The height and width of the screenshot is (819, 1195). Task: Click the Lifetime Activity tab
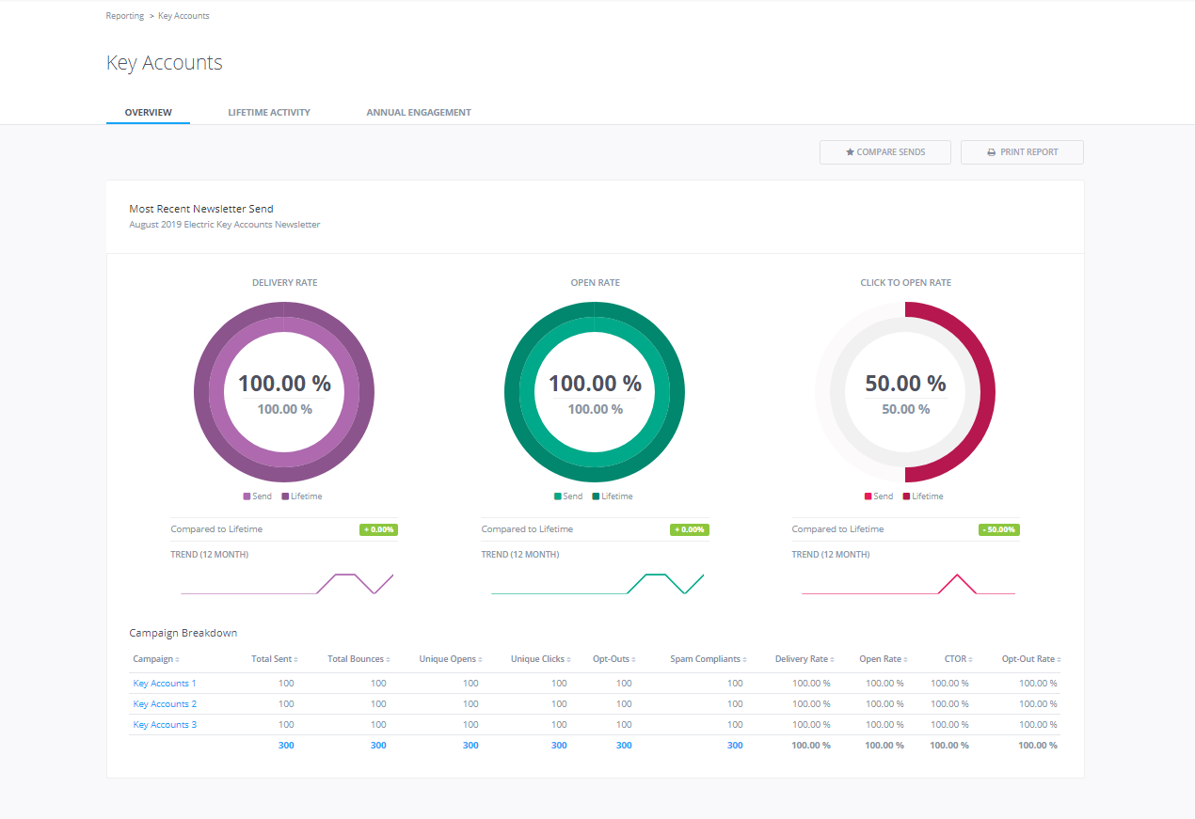coord(268,112)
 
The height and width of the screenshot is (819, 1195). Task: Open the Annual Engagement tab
coord(419,112)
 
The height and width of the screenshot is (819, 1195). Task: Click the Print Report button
coord(1022,152)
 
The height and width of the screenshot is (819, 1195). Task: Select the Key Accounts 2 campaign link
coord(165,704)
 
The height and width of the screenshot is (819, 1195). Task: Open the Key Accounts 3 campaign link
coord(165,725)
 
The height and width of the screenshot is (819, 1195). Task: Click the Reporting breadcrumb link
coord(125,16)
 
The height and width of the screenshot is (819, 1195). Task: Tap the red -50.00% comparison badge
coord(998,529)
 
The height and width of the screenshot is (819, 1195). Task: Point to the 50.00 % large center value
coord(905,384)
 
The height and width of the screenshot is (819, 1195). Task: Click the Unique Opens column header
coord(448,659)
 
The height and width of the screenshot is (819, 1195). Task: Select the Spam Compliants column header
coord(706,659)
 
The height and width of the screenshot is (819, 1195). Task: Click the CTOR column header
coord(955,659)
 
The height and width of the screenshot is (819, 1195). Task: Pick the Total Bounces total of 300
coord(378,746)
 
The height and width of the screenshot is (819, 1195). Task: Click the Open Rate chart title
coord(595,282)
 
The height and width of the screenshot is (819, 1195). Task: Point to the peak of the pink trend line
coord(957,575)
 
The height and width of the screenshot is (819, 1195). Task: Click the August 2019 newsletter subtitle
coord(224,225)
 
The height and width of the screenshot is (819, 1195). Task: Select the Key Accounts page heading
coord(165,63)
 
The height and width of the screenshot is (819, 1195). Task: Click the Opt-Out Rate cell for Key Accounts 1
coord(1037,684)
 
